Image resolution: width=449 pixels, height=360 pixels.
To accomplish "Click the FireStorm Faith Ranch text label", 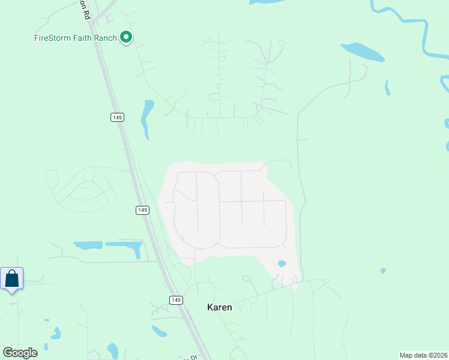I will click(x=75, y=37).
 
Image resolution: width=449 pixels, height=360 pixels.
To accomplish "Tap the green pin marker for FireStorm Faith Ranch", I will click(x=126, y=37).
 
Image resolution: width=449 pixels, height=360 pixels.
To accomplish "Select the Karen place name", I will click(x=219, y=307).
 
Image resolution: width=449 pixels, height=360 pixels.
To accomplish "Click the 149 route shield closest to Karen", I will click(x=175, y=300).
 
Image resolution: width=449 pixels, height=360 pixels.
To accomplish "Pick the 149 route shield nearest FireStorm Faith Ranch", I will click(x=117, y=117).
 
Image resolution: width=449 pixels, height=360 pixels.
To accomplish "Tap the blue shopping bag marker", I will click(x=11, y=280).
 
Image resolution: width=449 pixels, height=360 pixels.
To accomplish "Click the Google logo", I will click(x=20, y=353).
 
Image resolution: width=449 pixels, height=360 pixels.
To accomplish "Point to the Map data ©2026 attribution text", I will click(x=423, y=355).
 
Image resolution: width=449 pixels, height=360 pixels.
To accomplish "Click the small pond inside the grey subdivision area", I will click(x=282, y=263).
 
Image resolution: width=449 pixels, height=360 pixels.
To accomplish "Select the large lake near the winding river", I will click(x=363, y=52).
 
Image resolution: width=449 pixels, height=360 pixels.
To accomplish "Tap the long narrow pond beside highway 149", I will click(x=145, y=118).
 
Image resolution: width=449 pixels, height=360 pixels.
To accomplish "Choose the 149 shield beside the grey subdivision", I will click(x=142, y=210).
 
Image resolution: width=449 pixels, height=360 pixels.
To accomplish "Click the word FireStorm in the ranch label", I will click(x=52, y=37).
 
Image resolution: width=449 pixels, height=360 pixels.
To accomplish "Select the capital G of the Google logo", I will click(x=8, y=352).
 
